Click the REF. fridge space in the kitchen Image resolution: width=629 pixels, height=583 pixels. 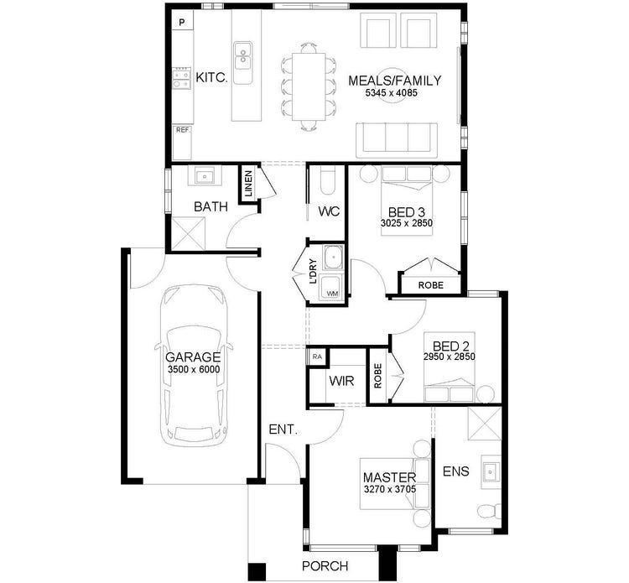pos(182,130)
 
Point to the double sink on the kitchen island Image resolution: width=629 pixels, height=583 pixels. pos(243,58)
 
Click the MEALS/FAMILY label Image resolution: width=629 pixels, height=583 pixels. pos(394,81)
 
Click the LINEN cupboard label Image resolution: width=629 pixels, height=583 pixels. pos(249,184)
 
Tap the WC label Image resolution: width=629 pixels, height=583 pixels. pos(328,211)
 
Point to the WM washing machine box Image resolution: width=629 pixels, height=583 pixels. pos(332,294)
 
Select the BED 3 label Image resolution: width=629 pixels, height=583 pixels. pos(406,211)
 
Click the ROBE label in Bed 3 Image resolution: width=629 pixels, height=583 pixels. pos(432,285)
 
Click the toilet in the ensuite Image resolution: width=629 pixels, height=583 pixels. pos(487,511)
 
